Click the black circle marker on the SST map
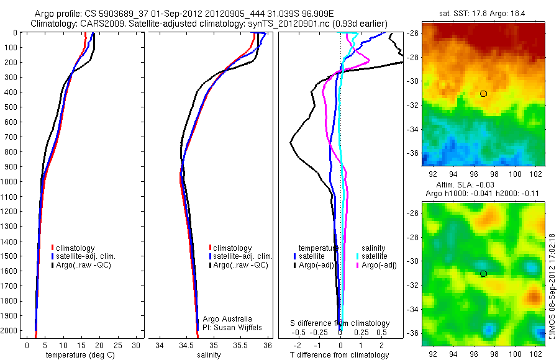pos(483,93)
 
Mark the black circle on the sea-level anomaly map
pos(483,273)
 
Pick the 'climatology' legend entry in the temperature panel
pos(77,248)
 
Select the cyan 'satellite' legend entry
pos(374,256)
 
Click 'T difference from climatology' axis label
pos(340,355)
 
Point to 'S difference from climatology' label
pos(340,323)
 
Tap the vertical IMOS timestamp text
pos(552,286)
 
